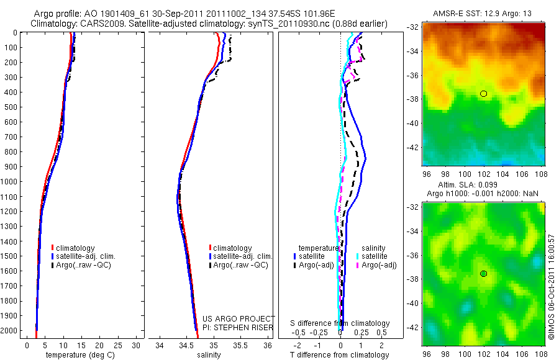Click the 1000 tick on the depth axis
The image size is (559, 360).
(11, 182)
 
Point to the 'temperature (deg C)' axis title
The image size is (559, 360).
(79, 355)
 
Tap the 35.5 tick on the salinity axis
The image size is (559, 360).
(240, 345)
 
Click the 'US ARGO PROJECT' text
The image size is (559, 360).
(239, 318)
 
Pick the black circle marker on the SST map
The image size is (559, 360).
(484, 94)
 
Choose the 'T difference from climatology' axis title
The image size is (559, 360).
(340, 355)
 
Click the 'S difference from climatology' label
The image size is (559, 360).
(340, 323)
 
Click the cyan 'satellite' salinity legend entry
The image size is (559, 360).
(375, 256)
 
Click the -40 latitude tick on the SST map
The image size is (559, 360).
(412, 123)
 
